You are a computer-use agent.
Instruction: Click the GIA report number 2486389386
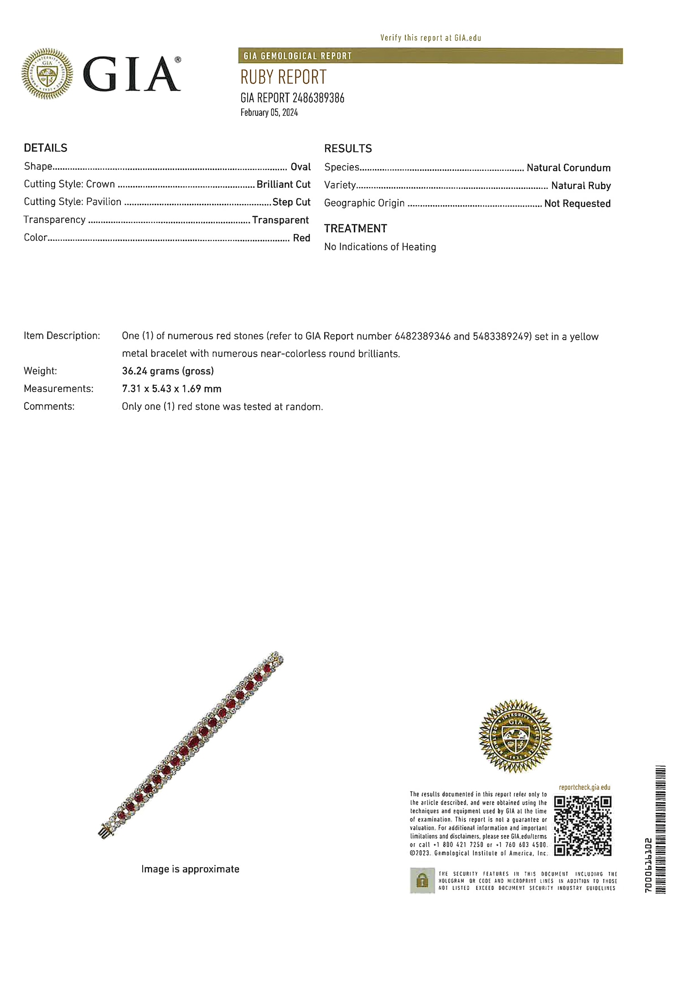(292, 98)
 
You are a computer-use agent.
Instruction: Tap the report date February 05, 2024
(269, 113)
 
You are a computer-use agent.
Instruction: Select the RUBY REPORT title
(283, 77)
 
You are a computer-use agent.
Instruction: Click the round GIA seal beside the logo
(47, 74)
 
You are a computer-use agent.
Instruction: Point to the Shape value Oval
(301, 167)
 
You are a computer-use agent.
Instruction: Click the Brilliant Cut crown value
(283, 184)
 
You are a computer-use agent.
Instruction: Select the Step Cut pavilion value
(291, 202)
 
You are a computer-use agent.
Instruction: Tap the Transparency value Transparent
(280, 220)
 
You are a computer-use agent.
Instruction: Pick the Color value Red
(301, 238)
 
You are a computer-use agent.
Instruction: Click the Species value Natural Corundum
(568, 168)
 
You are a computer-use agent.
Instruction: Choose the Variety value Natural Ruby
(580, 186)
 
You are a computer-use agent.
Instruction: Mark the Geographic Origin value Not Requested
(577, 204)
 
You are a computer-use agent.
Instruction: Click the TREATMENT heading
(355, 228)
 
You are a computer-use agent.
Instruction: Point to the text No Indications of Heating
(380, 247)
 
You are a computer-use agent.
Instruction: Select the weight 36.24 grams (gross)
(168, 371)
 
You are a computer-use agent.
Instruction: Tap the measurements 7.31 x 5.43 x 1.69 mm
(171, 389)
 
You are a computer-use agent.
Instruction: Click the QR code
(582, 826)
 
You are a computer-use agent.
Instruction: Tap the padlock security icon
(422, 880)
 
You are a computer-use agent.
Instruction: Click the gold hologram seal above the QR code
(515, 736)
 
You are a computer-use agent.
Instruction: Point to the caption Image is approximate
(190, 869)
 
